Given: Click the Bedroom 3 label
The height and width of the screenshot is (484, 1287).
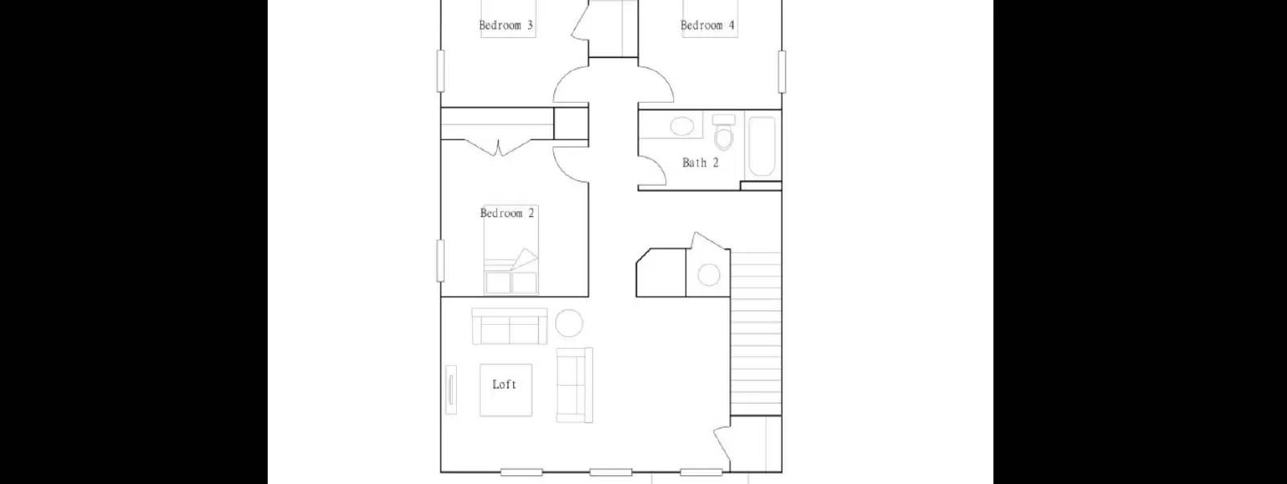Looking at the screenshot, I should tap(505, 26).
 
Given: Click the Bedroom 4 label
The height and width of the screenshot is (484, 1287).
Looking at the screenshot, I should tap(707, 26).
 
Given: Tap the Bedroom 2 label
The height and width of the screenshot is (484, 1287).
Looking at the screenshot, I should tap(507, 213).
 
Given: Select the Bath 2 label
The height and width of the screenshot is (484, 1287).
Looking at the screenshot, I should tap(700, 162).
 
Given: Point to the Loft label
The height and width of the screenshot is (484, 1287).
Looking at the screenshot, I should tap(504, 385).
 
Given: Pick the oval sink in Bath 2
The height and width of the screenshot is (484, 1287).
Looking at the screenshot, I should tap(682, 126).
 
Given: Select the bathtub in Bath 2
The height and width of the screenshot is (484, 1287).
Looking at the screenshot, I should tap(761, 146).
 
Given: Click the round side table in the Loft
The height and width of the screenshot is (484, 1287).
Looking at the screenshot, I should tap(569, 323).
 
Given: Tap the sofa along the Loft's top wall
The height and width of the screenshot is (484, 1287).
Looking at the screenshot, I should tap(509, 326).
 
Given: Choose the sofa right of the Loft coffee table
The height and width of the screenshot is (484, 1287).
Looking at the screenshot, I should tap(574, 385).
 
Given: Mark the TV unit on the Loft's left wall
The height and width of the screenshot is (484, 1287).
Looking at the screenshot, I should tap(451, 389).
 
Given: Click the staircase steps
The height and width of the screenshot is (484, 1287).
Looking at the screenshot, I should tap(755, 333).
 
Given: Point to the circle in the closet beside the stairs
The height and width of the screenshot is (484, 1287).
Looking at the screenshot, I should tap(709, 275).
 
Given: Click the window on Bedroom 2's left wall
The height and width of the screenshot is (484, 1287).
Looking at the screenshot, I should tap(440, 260).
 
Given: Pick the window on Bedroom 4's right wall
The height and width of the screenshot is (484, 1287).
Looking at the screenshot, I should tap(781, 71).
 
